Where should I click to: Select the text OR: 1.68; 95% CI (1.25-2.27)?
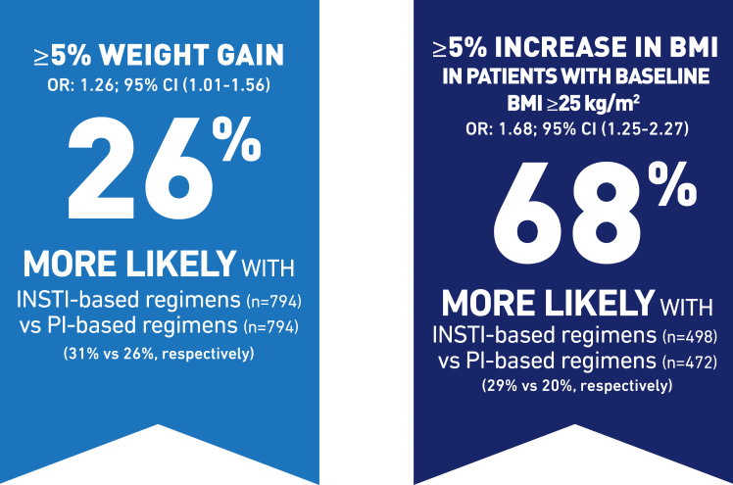point(573,123)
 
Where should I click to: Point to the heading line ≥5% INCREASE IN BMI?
point(573,47)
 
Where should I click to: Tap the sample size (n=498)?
point(691,337)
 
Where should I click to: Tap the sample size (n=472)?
point(691,363)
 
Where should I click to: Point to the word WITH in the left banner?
point(269,267)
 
